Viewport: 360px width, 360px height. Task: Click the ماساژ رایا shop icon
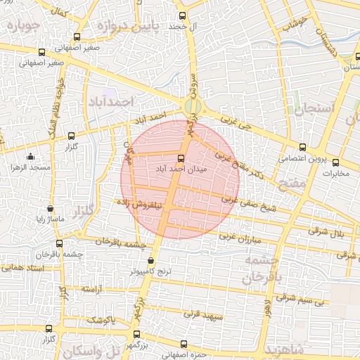point(49,209)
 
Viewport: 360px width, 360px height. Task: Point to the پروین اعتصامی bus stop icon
point(302,147)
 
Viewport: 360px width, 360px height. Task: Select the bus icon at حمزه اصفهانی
point(184,344)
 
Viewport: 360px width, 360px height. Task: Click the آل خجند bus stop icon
point(183,15)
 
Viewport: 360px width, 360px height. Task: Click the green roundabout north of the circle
point(190,108)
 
